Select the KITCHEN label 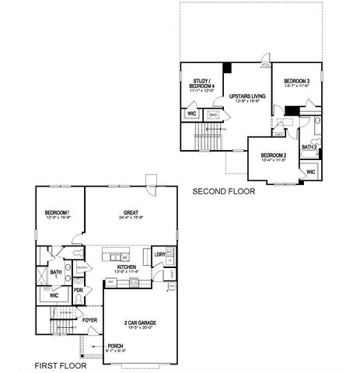pyautogui.click(x=127, y=266)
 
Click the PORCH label pyautogui.click(x=114, y=346)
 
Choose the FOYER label pyautogui.click(x=90, y=319)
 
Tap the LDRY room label pyautogui.click(x=159, y=254)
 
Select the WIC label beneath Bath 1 pyautogui.click(x=54, y=295)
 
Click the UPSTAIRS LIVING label pyautogui.click(x=248, y=96)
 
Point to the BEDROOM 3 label pyautogui.click(x=297, y=81)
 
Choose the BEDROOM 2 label pyautogui.click(x=273, y=155)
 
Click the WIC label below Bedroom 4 pyautogui.click(x=191, y=113)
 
